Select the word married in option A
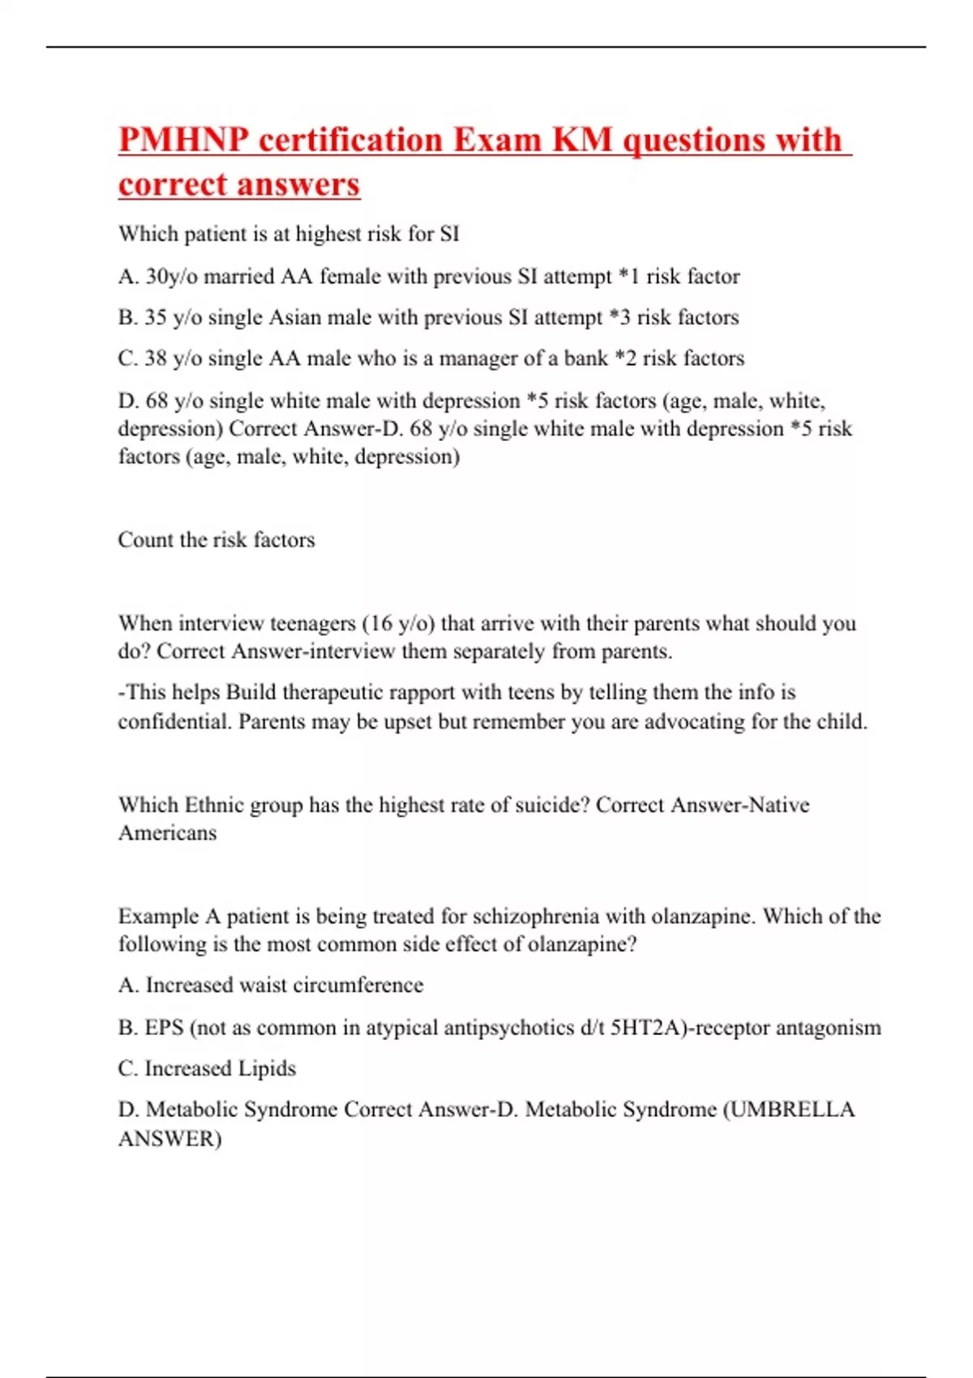(239, 277)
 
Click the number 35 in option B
(156, 318)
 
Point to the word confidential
(174, 721)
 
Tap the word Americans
(168, 833)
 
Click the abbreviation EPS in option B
(164, 1028)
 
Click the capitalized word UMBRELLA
(793, 1110)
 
